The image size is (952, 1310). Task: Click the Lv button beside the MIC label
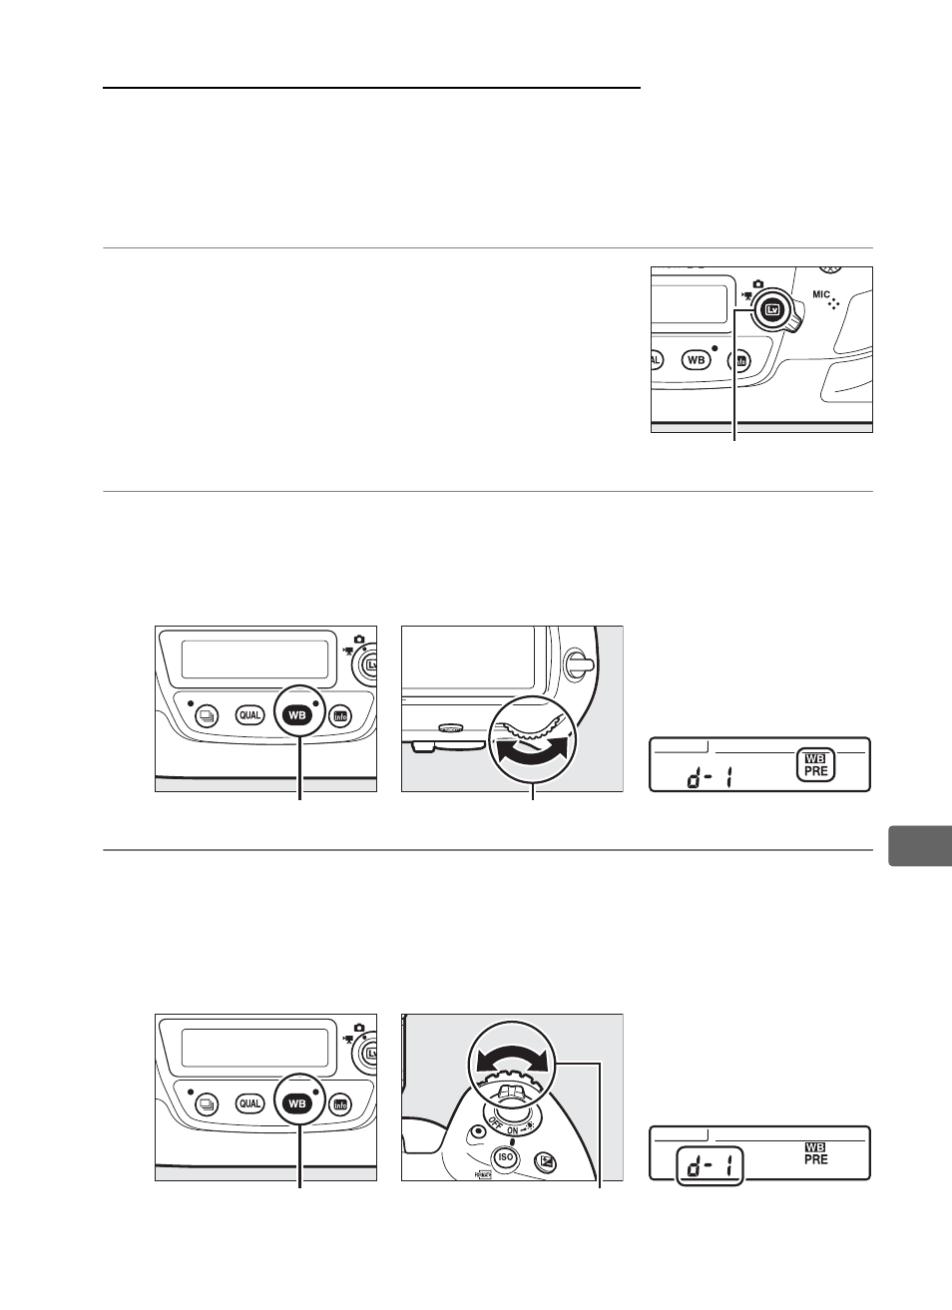[x=772, y=310]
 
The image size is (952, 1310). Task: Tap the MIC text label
[x=821, y=294]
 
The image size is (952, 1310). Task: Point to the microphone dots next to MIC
[x=834, y=303]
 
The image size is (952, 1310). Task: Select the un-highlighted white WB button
[x=696, y=359]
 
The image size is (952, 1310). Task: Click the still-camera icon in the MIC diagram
[x=757, y=283]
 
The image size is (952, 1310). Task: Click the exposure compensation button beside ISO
[x=546, y=1162]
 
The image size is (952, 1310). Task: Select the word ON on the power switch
[x=513, y=1131]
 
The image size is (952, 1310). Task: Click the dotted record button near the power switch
[x=479, y=1130]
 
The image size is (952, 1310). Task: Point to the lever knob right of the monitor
[x=578, y=663]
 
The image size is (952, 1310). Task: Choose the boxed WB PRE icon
[x=815, y=765]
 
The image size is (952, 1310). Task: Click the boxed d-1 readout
[x=710, y=1165]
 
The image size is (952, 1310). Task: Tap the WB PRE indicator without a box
[x=815, y=1154]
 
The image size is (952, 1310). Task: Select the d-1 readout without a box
[x=710, y=777]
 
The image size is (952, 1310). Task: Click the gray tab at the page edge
[x=920, y=846]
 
